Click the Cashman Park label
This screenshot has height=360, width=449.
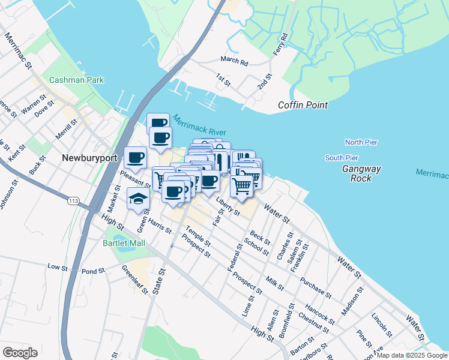[77, 80]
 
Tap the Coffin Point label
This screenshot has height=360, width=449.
[303, 105]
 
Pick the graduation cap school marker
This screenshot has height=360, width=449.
[139, 199]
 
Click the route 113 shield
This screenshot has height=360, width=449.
[74, 200]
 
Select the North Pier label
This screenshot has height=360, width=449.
[361, 142]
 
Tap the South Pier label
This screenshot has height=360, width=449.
[342, 158]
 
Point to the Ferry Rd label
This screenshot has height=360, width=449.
[280, 45]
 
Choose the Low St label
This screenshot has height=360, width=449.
[58, 266]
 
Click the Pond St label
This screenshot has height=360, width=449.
[93, 271]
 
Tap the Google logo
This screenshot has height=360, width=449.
[20, 353]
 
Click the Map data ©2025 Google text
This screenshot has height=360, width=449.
[412, 355]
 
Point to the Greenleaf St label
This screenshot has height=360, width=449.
[134, 280]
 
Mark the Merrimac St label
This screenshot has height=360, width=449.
[17, 52]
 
